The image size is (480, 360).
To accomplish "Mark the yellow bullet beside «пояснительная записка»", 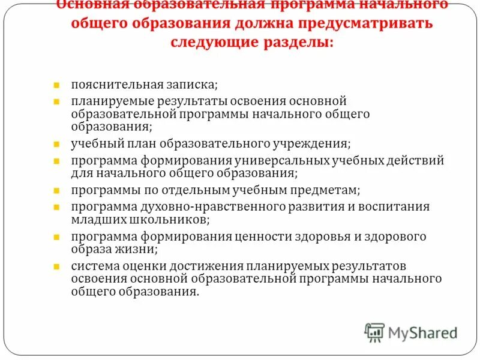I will click(x=55, y=85).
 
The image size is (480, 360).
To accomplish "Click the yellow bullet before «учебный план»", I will click(x=55, y=145).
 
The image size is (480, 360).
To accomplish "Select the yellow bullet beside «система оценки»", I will click(x=55, y=266).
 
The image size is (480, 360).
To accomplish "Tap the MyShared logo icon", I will click(x=374, y=332).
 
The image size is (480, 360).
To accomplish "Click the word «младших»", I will click(x=94, y=219).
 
